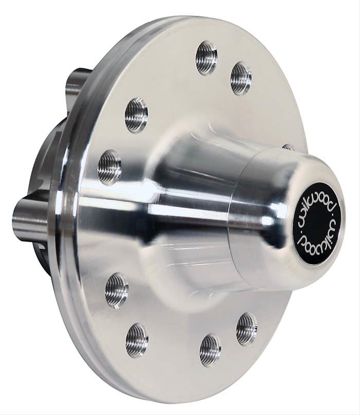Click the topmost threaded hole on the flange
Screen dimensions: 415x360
(206, 58)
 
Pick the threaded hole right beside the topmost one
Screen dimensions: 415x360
(241, 78)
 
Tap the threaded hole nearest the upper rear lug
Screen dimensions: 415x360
(136, 115)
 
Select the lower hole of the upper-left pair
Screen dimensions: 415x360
(110, 167)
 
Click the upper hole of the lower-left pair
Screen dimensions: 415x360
(117, 291)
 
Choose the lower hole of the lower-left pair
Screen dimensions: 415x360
(137, 340)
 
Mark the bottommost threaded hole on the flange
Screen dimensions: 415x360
(210, 350)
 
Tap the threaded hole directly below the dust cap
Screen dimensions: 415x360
(247, 329)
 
